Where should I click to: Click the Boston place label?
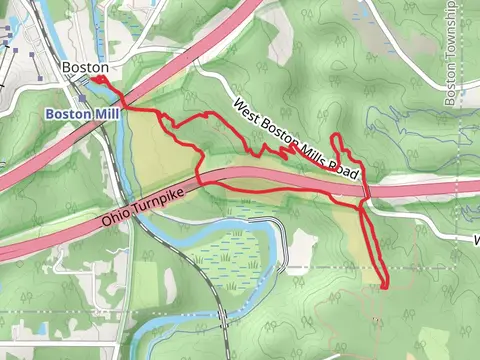tap(84, 67)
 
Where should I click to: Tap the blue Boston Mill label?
tap(82, 115)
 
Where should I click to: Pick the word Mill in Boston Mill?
tap(105, 115)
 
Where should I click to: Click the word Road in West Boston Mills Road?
tap(342, 166)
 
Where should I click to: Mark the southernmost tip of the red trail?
tap(385, 287)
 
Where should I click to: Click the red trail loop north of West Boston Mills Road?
tap(339, 145)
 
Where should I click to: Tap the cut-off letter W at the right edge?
tap(476, 241)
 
